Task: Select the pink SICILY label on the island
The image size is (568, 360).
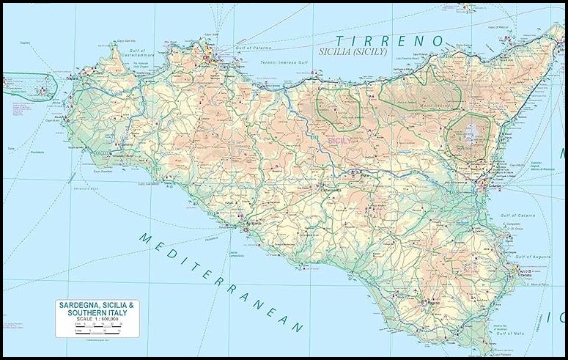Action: [x=339, y=139]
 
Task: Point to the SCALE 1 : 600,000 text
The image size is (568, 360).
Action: [x=97, y=320]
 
